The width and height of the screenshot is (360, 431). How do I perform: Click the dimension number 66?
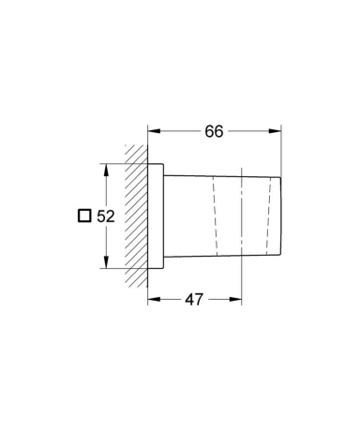point(214,131)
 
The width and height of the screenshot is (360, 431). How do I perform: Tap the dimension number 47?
point(194,300)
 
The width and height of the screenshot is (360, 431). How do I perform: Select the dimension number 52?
point(106,216)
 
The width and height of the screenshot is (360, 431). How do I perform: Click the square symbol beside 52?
point(84,215)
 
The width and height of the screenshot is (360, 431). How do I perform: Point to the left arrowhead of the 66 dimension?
point(154,131)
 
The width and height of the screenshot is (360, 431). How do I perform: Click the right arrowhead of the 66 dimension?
point(275,131)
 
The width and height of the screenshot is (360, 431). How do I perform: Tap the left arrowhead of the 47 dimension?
point(154,300)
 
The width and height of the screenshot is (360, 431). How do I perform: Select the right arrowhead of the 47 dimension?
point(235,300)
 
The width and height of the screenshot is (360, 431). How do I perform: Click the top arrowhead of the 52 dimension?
point(106,170)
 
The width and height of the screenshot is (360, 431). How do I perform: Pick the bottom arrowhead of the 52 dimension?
point(106,261)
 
